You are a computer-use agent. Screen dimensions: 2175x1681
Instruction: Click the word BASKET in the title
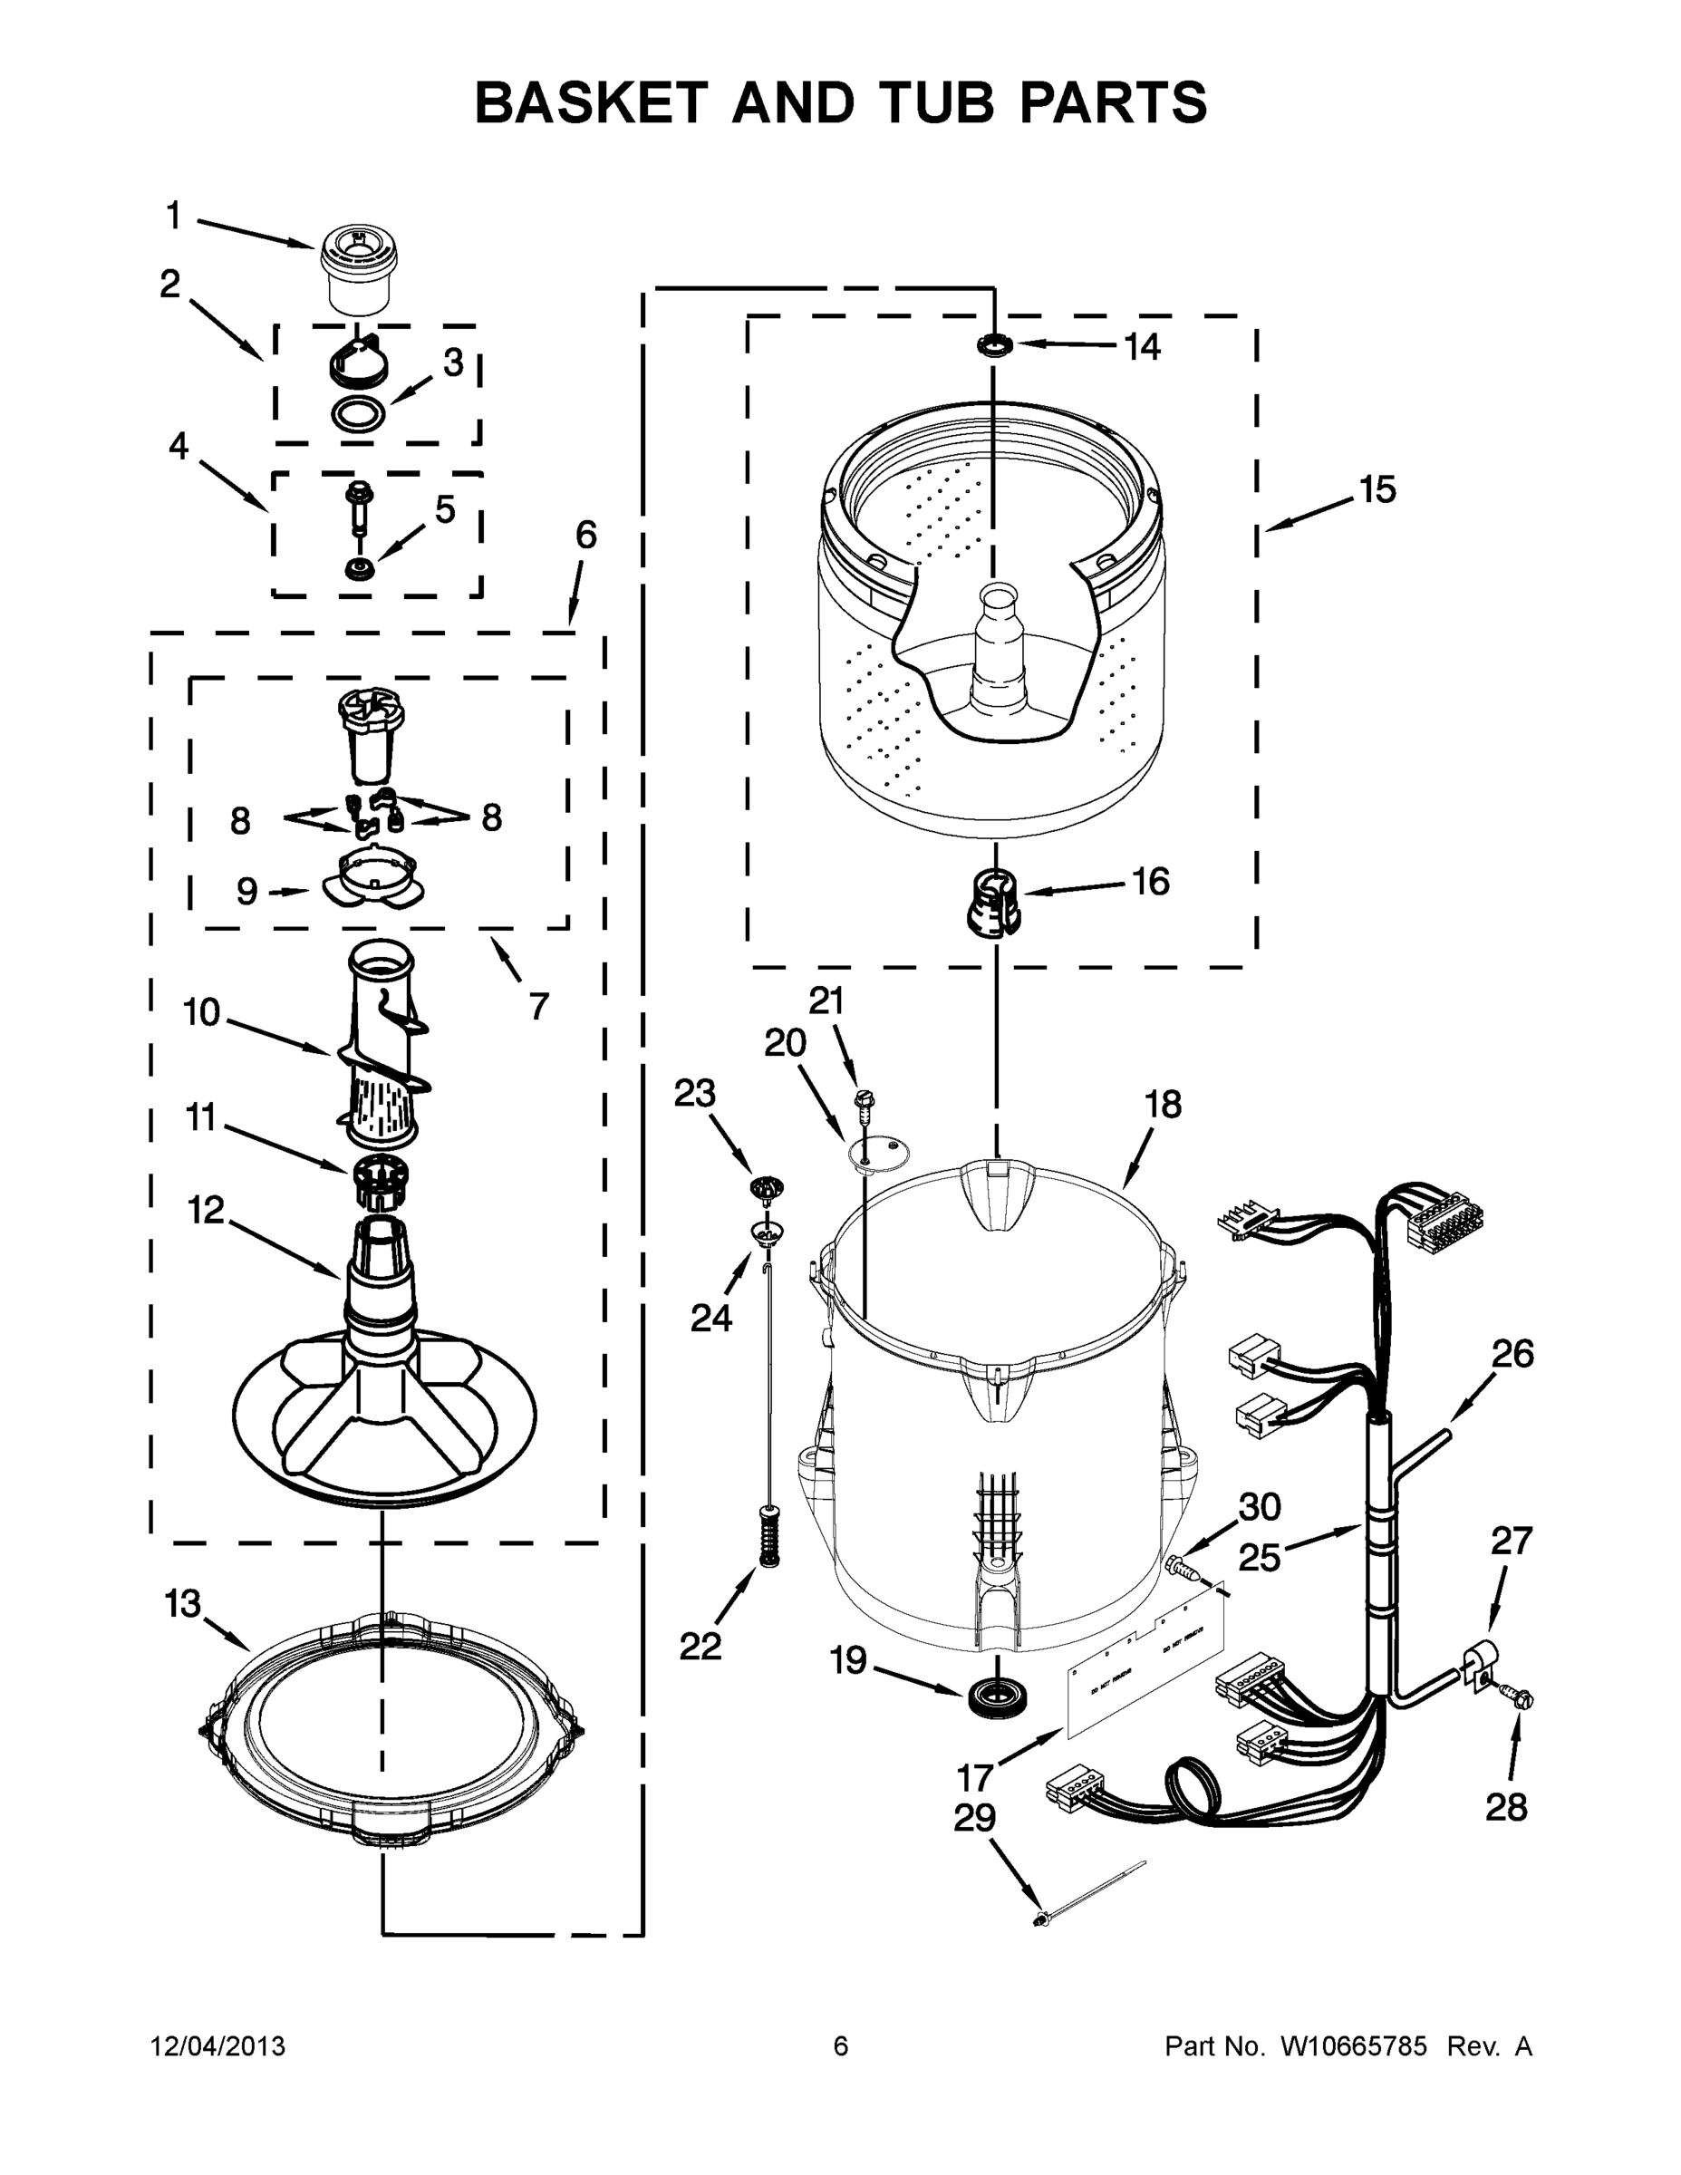pyautogui.click(x=591, y=102)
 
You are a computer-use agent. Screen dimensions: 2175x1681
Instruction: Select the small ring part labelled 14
pyautogui.click(x=994, y=345)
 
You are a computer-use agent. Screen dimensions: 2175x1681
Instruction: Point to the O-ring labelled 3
pyautogui.click(x=359, y=411)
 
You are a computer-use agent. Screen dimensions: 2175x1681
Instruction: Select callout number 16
pyautogui.click(x=1150, y=882)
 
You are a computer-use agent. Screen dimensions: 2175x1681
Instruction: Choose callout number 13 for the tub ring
pyautogui.click(x=182, y=1604)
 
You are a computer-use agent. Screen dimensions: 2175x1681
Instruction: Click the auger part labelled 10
pyautogui.click(x=382, y=1046)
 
